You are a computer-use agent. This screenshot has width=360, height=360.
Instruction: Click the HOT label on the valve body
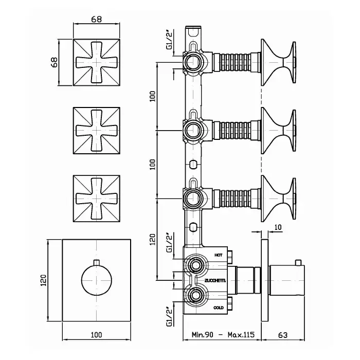(x=219, y=255)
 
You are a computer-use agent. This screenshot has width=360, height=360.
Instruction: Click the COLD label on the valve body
(x=219, y=308)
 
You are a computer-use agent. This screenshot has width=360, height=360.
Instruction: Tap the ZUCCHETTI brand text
(x=215, y=281)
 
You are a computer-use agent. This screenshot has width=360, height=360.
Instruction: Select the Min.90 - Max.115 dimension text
(x=223, y=335)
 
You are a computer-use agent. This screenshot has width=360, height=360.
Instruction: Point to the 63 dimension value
(x=283, y=335)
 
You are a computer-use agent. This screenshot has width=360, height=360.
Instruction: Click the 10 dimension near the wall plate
(x=278, y=227)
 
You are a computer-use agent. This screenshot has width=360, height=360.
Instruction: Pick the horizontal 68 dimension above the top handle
(x=97, y=20)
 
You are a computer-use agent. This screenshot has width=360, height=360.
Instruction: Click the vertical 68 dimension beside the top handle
(x=55, y=62)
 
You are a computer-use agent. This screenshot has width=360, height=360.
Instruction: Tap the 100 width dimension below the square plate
(x=97, y=335)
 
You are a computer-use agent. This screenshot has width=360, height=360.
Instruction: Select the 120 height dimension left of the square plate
(x=44, y=280)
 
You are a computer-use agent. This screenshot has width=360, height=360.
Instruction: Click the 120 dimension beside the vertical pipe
(x=153, y=239)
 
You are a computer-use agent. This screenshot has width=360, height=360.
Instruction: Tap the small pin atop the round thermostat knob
(x=97, y=262)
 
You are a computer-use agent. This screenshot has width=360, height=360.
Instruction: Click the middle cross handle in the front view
(x=97, y=131)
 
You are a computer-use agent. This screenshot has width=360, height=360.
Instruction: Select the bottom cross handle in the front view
(x=97, y=199)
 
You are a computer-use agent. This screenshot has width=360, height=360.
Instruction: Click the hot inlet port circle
(x=195, y=265)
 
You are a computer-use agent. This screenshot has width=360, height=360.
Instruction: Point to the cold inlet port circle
(x=195, y=296)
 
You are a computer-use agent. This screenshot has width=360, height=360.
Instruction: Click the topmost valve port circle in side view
(x=193, y=62)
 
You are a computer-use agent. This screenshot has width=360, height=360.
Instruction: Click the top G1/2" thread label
(x=170, y=42)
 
